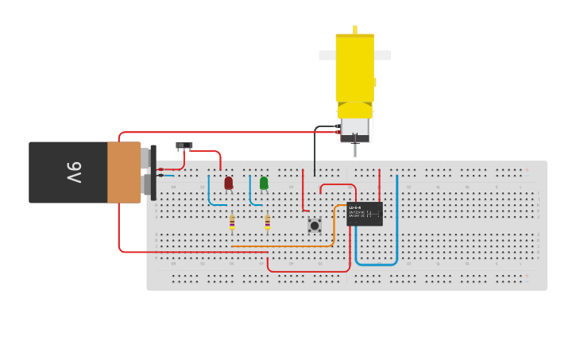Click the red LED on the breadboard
(229, 184)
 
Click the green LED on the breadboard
(264, 184)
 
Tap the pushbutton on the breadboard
(315, 226)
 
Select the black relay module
(365, 214)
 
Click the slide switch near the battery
(184, 145)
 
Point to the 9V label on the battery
(73, 172)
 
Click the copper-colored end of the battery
(124, 172)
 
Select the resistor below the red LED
(232, 223)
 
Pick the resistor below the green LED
(267, 223)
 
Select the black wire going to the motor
(315, 151)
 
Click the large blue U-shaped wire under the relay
(376, 263)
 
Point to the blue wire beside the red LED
(210, 195)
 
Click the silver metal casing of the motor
(355, 127)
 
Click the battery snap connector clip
(153, 172)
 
